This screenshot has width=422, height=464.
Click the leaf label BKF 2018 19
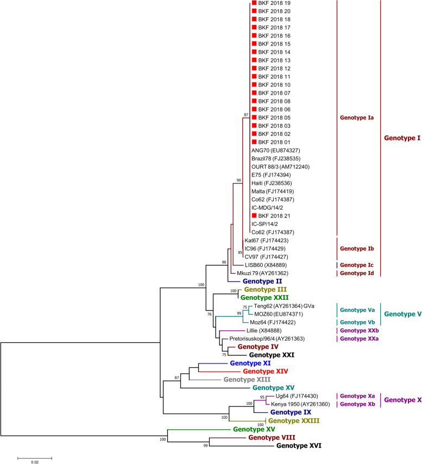click(274, 3)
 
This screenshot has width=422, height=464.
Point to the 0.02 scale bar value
click(34, 462)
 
